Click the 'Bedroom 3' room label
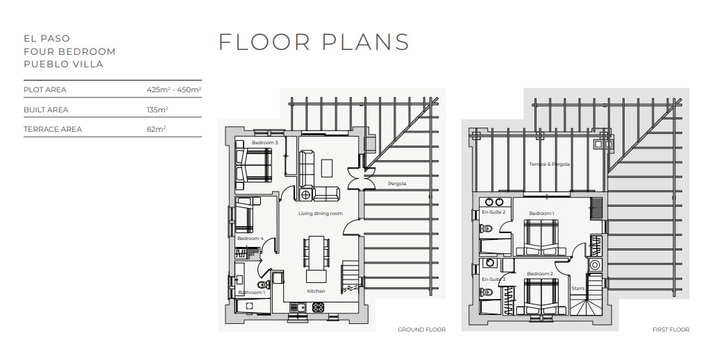tap(265, 143)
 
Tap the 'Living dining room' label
tap(321, 213)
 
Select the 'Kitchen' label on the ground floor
tap(316, 291)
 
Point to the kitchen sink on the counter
tap(298, 307)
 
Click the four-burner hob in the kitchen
tap(319, 307)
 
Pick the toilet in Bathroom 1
tap(263, 285)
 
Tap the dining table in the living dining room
tap(316, 252)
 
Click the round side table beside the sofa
tap(306, 195)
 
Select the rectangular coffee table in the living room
tap(327, 168)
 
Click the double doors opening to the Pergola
tap(362, 178)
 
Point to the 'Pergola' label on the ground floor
tap(397, 184)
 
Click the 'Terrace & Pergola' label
tap(549, 164)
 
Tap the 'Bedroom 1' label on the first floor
tap(541, 213)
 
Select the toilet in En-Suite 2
tap(487, 229)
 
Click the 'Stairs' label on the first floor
tap(577, 289)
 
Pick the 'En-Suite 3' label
tap(493, 280)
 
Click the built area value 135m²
tap(157, 110)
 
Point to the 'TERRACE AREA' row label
tap(53, 130)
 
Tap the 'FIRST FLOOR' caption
tap(670, 329)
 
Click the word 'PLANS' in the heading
tap(366, 42)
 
